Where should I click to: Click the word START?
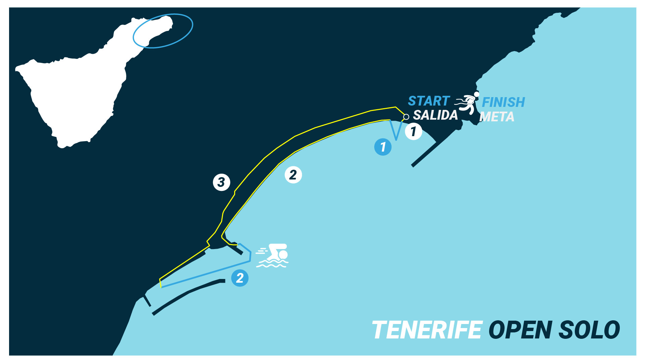tap(429, 101)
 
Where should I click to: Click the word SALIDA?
tap(435, 115)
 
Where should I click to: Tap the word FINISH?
tap(503, 102)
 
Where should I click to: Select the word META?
tap(497, 117)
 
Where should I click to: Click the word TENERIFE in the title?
tap(427, 330)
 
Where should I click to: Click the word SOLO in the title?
tap(589, 330)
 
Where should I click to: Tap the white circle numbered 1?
tap(414, 131)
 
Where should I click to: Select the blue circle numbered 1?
tap(383, 147)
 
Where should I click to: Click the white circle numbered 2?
tap(293, 175)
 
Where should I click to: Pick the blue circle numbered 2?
tap(240, 278)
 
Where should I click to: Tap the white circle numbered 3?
tap(221, 182)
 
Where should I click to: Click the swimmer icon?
tap(272, 255)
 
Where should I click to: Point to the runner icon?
tap(467, 104)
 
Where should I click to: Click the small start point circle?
tap(406, 117)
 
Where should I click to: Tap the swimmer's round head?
tap(283, 255)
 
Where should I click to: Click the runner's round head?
tap(476, 94)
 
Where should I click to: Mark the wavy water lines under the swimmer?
tap(271, 264)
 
